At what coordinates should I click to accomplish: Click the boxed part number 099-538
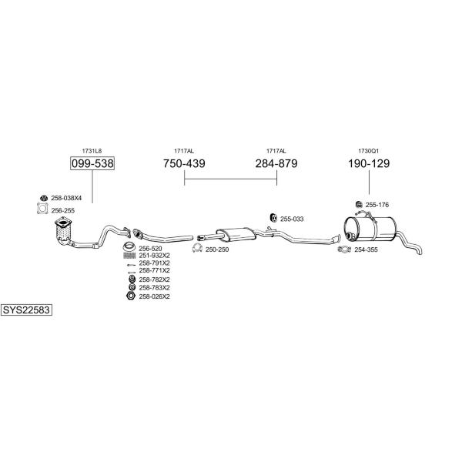pyautogui.click(x=92, y=163)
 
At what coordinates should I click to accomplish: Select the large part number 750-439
pyautogui.click(x=184, y=163)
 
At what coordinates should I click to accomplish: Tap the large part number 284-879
pyautogui.click(x=276, y=163)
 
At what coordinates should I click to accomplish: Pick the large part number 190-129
pyautogui.click(x=369, y=163)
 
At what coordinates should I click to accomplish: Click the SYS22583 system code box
pyautogui.click(x=26, y=310)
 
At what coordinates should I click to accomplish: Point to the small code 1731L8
pyautogui.click(x=92, y=151)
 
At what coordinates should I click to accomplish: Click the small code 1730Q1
pyautogui.click(x=368, y=151)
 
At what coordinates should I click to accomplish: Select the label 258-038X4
pyautogui.click(x=66, y=198)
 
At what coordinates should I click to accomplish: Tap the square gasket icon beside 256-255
pyautogui.click(x=42, y=209)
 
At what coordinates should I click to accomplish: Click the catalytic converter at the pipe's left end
pyautogui.click(x=63, y=229)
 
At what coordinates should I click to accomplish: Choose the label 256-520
pyautogui.click(x=150, y=249)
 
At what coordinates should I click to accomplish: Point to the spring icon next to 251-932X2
pyautogui.click(x=129, y=256)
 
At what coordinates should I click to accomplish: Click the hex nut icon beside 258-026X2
pyautogui.click(x=131, y=296)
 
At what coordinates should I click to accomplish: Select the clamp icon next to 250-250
pyautogui.click(x=197, y=249)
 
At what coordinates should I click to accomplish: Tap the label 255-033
pyautogui.click(x=292, y=219)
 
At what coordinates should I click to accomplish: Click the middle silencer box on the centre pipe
pyautogui.click(x=236, y=233)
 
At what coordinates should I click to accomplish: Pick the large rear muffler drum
pyautogui.click(x=370, y=229)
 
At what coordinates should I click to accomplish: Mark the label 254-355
pyautogui.click(x=366, y=249)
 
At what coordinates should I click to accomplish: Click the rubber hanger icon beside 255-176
pyautogui.click(x=359, y=204)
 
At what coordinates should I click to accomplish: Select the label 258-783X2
pyautogui.click(x=155, y=287)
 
